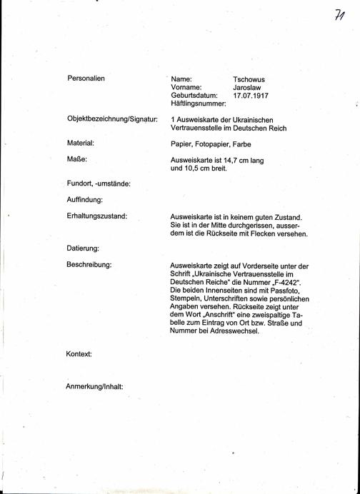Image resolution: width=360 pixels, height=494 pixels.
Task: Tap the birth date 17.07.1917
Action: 251,94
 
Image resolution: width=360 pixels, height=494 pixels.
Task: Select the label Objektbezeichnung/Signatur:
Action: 111,119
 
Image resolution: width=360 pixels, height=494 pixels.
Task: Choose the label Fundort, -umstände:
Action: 98,183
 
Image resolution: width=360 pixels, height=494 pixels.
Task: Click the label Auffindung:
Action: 85,199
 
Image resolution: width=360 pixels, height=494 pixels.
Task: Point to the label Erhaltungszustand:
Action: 96,216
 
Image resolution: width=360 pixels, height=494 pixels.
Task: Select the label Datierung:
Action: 82,248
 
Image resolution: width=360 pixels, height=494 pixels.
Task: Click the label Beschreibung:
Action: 89,265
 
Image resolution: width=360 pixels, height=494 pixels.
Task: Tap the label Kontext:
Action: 79,354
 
